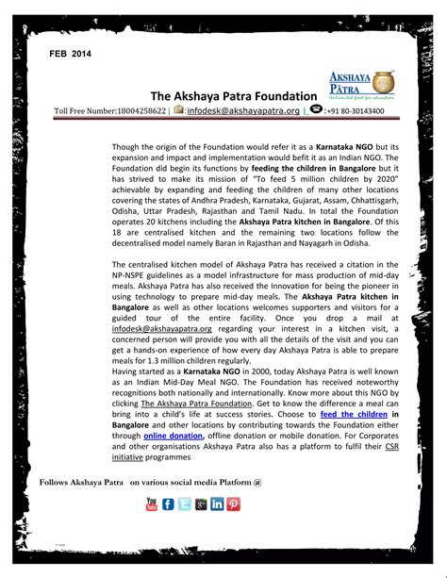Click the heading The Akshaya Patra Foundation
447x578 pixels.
pyautogui.click(x=232, y=96)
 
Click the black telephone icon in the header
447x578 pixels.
pyautogui.click(x=316, y=110)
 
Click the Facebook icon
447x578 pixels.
pyautogui.click(x=168, y=504)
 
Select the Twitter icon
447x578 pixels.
pyautogui.click(x=184, y=504)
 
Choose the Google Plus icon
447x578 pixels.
pyautogui.click(x=200, y=504)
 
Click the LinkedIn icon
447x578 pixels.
pyautogui.click(x=217, y=504)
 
